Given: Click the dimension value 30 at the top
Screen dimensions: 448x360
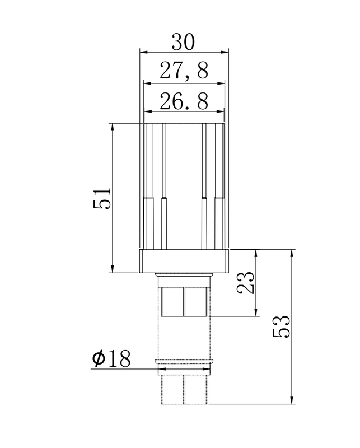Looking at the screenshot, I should (184, 43).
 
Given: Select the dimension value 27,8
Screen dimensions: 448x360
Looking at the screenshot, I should (184, 71).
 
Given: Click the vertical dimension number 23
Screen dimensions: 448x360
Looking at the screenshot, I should (245, 283).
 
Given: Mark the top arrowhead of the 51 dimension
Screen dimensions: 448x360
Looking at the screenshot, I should (113, 127).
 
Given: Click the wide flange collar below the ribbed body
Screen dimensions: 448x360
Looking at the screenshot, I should (184, 261).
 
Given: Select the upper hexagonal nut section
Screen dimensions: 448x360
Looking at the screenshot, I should (184, 301).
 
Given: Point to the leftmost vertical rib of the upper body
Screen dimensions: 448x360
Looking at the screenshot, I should (147, 185).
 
